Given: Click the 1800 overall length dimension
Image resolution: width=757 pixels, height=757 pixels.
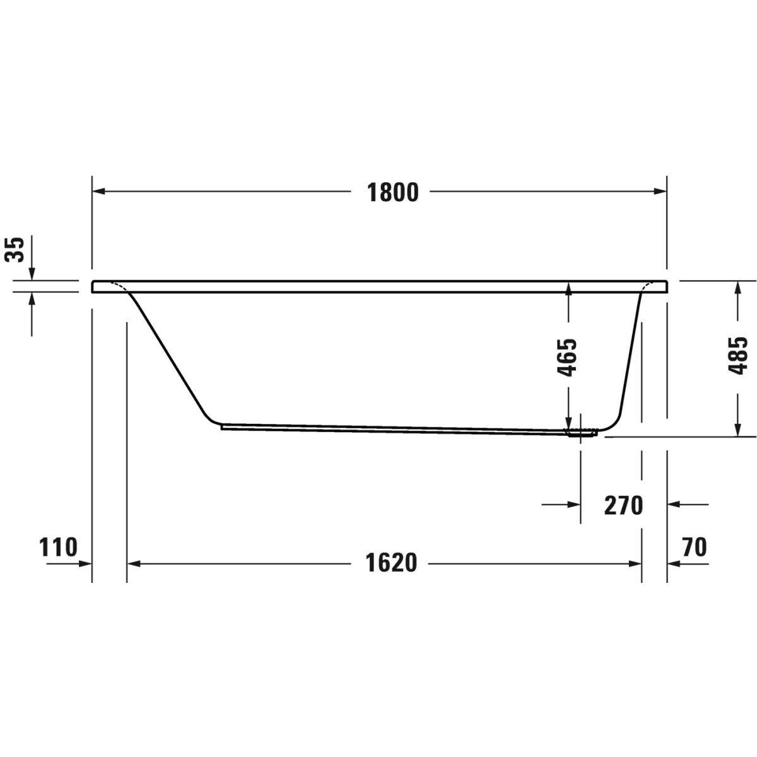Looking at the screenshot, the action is pos(393,192).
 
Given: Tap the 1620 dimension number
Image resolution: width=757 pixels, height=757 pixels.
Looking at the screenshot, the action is pos(391,563).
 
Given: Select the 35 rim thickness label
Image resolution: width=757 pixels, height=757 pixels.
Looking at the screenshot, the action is pos(15,249).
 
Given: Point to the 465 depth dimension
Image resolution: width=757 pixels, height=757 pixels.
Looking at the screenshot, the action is pos(568,357).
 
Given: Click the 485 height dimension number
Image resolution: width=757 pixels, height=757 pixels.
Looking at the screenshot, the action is pos(737,356).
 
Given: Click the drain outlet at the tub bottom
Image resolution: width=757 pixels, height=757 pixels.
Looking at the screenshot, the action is pos(582,433).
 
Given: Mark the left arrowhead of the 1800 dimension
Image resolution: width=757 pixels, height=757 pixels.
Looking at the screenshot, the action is pos(98,191).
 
